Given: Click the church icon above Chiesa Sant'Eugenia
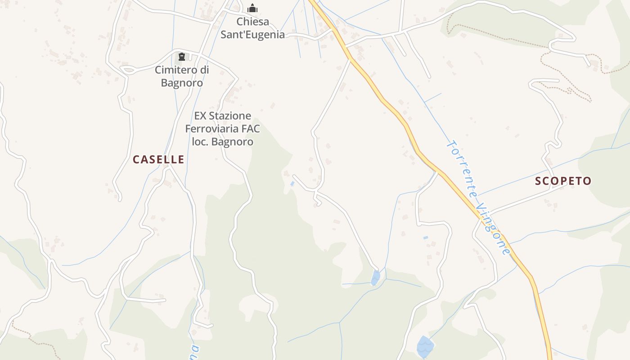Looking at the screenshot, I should tap(252, 8).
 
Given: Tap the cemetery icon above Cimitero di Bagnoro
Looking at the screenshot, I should tap(182, 57).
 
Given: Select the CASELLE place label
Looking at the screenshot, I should tap(158, 159).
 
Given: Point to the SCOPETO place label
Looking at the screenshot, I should tap(563, 181).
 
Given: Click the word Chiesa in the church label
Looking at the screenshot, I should tap(253, 22).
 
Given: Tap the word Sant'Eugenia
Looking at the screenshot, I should tap(252, 35).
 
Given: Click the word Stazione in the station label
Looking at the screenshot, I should tap(229, 116).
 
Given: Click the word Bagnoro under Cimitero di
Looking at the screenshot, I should tap(182, 83).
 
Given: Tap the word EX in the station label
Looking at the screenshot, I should tap(200, 116).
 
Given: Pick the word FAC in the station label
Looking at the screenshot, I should tap(251, 129).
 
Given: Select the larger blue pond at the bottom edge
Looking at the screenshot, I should tap(425, 346).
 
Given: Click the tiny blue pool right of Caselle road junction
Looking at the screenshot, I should tap(292, 184).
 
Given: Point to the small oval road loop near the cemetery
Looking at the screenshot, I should tap(128, 69).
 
